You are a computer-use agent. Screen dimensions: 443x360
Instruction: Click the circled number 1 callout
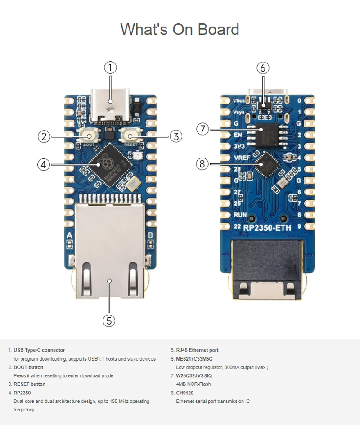pos(110,68)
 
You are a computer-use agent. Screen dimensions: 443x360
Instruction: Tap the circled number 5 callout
pos(109,321)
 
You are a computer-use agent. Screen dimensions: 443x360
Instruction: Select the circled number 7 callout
pos(203,129)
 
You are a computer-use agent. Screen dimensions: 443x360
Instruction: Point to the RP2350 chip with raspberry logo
pos(110,163)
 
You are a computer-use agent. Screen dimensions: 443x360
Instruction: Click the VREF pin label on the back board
pos(242,158)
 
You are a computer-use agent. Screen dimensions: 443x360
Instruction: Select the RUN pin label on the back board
pos(240,215)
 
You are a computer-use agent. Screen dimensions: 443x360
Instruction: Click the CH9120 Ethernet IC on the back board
pos(266,163)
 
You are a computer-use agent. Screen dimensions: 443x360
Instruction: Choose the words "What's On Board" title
pos(180,30)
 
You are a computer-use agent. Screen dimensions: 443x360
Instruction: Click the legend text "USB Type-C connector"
pos(39,350)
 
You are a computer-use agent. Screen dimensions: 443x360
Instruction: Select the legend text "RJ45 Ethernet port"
pos(197,350)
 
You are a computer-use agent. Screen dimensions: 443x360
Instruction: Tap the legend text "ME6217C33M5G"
pos(194,359)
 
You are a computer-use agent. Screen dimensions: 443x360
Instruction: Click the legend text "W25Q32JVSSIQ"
pos(194,375)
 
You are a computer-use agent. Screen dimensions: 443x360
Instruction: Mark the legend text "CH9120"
pos(184,393)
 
